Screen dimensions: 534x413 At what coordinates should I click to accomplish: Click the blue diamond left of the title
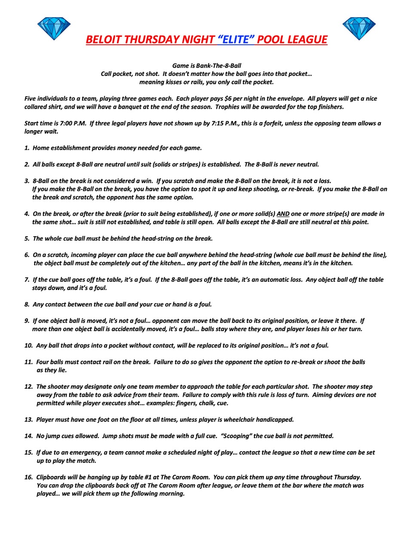(x=54, y=29)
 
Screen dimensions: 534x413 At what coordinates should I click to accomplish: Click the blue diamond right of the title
(x=359, y=29)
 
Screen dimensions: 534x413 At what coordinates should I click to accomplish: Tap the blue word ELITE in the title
(x=236, y=40)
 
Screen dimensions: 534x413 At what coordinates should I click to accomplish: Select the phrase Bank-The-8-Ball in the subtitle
(x=219, y=66)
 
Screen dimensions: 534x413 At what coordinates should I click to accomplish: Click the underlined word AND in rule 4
(x=283, y=214)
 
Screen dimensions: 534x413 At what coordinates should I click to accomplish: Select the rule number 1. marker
(x=27, y=148)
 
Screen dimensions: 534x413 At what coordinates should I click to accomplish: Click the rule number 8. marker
(x=27, y=305)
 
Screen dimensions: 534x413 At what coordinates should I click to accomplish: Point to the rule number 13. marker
(x=28, y=420)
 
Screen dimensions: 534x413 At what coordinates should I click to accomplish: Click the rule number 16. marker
(x=28, y=477)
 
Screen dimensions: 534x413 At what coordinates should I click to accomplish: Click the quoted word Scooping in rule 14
(x=236, y=436)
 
